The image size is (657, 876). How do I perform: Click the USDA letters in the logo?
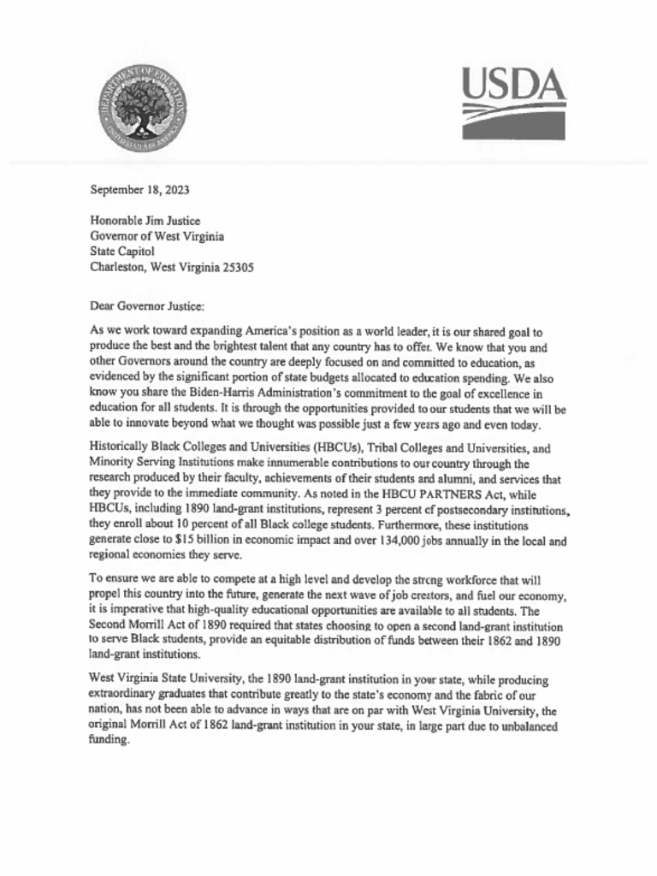[x=513, y=86]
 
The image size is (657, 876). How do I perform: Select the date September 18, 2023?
[x=139, y=190]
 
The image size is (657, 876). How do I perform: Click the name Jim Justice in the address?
[x=175, y=221]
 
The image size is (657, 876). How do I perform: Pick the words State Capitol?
[x=122, y=252]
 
